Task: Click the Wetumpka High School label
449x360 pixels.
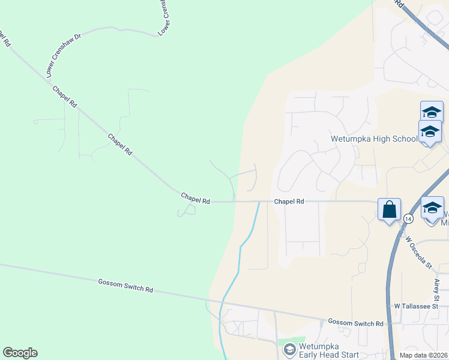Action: coord(374,139)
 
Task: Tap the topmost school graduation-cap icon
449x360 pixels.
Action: coord(432,112)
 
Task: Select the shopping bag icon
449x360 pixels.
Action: coord(389,210)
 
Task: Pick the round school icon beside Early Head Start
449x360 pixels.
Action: coord(289,349)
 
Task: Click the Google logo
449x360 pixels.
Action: coord(20,353)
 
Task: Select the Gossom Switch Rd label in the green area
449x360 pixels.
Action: coord(125,285)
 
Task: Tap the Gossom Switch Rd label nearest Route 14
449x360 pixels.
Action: coord(355,323)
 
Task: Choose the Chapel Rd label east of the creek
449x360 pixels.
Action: coord(289,202)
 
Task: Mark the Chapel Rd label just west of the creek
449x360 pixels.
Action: coord(196,198)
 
